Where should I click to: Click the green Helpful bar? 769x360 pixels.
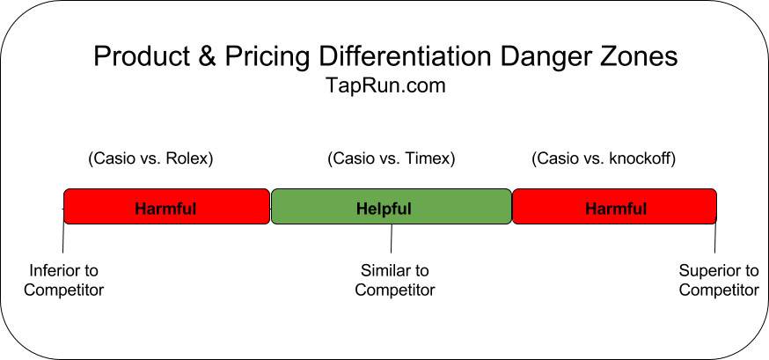391,208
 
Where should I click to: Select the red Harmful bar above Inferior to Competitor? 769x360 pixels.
166,208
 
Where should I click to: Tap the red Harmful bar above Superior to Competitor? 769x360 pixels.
614,208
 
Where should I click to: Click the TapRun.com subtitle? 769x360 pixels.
384,86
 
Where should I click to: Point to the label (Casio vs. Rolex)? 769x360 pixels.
150,159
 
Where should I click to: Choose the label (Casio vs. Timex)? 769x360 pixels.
391,159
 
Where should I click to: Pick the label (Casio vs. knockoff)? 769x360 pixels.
604,159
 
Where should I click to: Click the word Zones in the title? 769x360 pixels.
640,57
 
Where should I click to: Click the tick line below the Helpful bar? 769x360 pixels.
392,239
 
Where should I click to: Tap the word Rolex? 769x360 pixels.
189,159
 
